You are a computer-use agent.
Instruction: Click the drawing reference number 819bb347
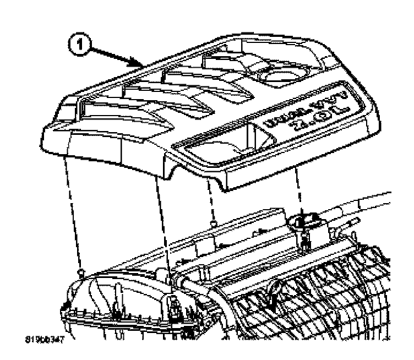pyautogui.click(x=49, y=341)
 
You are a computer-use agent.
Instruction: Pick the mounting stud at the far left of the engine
pyautogui.click(x=80, y=271)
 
